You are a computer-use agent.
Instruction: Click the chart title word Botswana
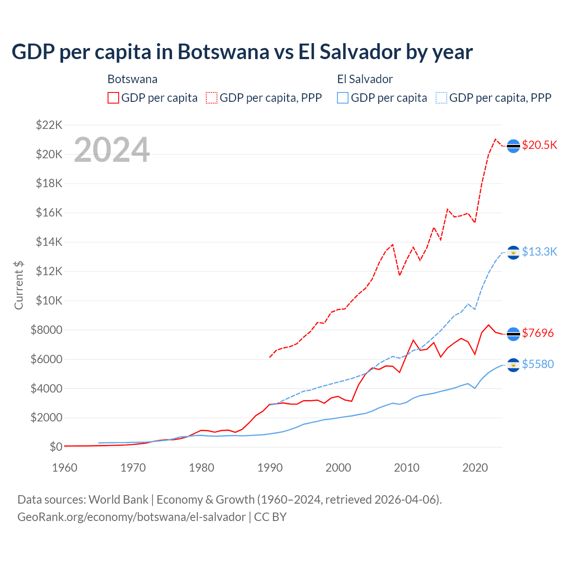tap(223, 52)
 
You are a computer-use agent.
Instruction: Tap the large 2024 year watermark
tap(112, 150)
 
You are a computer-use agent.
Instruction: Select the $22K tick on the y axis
tap(49, 125)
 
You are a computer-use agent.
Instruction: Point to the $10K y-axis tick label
tap(49, 301)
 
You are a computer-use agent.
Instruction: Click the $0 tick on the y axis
tap(56, 447)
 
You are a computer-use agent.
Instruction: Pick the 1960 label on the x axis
tap(65, 468)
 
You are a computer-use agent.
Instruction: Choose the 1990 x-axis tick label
tap(270, 468)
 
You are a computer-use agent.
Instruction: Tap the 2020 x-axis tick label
tap(475, 468)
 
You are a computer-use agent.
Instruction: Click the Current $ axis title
tap(19, 285)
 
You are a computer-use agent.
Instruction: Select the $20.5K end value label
tap(539, 145)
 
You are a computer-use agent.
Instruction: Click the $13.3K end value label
tap(539, 252)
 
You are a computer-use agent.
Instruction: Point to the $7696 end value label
tap(538, 333)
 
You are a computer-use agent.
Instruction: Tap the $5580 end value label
tap(538, 365)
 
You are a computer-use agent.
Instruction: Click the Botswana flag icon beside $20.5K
tap(513, 146)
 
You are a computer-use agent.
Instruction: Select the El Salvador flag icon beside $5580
tap(513, 365)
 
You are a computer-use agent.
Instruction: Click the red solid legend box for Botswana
tap(113, 98)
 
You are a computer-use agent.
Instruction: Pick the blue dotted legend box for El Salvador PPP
tap(441, 98)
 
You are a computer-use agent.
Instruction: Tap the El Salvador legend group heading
tap(365, 79)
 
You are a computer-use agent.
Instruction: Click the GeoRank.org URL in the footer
tap(132, 517)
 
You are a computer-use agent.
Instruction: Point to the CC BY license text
tap(270, 517)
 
